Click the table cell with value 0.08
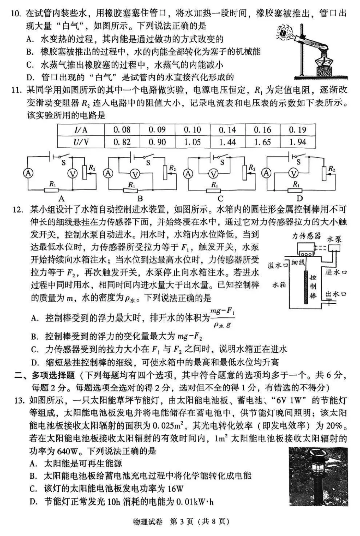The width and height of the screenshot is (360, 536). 122,130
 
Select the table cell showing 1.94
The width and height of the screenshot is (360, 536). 297,142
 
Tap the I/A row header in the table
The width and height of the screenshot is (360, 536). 81,130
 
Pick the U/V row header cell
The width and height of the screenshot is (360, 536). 81,142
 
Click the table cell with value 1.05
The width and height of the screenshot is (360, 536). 192,142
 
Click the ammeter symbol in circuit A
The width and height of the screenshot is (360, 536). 29,173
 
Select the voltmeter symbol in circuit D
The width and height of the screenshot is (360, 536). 293,173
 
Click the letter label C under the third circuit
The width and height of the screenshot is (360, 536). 220,199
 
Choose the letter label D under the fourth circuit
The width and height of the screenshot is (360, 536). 300,199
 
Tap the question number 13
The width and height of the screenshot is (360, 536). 19,400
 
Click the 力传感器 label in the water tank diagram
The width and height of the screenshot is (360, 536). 306,236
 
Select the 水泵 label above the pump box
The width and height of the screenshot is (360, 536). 334,239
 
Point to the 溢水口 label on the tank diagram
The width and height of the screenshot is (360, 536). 278,265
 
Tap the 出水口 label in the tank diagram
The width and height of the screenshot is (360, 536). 336,294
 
